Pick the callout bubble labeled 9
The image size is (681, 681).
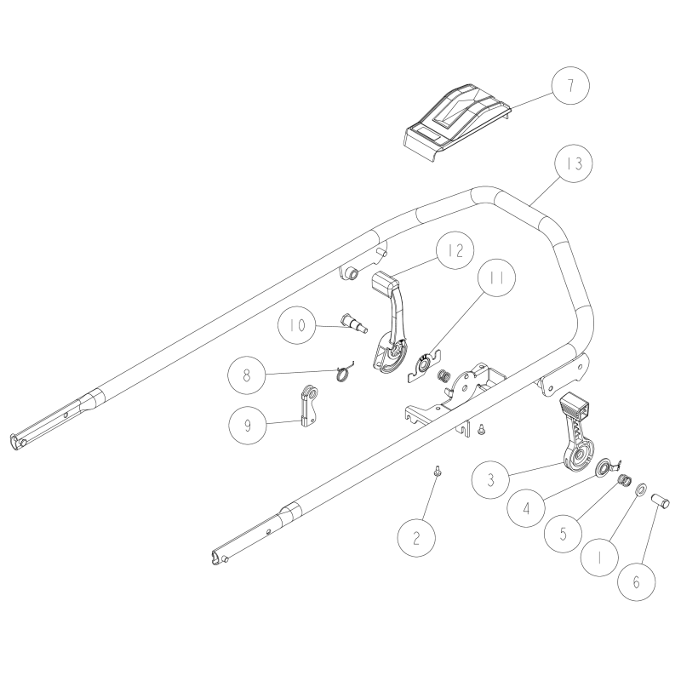coord(248,424)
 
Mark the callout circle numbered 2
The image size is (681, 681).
coord(417,539)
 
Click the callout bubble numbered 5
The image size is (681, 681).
coord(564,538)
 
